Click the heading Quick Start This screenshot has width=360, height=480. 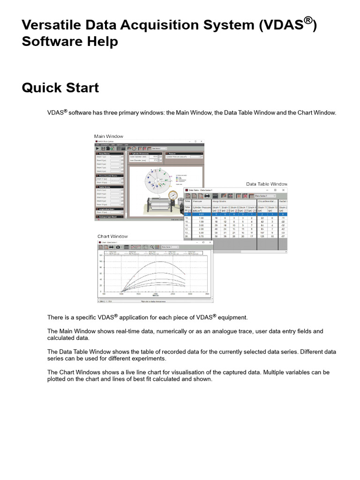point(60,88)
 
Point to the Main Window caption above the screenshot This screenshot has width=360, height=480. point(109,136)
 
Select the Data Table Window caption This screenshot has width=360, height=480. point(266,184)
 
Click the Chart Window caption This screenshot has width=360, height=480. point(112,236)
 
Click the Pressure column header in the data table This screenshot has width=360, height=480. point(198,201)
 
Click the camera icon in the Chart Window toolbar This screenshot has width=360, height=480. point(118,247)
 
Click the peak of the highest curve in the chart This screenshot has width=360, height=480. point(161,262)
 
